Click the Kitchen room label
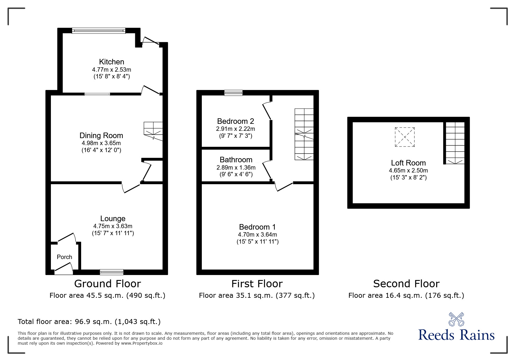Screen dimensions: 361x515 tap(111, 62)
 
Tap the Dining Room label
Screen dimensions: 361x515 tap(101, 135)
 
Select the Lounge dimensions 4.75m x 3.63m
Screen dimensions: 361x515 tap(113, 226)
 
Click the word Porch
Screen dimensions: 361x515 tap(64, 257)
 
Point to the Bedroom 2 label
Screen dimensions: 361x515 tap(236, 121)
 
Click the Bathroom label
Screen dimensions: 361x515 tap(236, 160)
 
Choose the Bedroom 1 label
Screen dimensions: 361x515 tap(257, 227)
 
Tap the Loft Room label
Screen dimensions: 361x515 tap(408, 163)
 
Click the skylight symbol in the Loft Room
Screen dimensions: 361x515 tap(404, 137)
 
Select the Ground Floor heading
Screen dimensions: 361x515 tap(108, 284)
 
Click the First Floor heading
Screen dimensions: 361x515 tap(257, 284)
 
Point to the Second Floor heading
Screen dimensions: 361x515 tap(406, 284)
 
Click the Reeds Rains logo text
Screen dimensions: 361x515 tap(456, 335)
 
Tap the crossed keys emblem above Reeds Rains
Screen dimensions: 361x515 tap(456, 319)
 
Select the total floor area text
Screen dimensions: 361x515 tap(89, 322)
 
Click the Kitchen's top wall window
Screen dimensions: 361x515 tap(99, 31)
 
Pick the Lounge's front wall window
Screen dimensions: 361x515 tap(111, 272)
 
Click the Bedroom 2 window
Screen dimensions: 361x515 tap(233, 93)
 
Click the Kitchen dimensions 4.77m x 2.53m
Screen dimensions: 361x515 tap(111, 70)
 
